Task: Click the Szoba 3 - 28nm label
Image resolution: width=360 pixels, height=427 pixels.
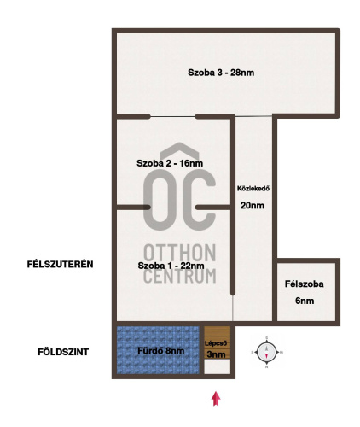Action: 221,73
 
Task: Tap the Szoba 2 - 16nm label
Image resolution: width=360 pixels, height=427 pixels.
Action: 170,163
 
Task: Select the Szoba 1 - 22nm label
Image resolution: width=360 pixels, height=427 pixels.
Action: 171,266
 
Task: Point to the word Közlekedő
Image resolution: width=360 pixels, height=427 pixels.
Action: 253,189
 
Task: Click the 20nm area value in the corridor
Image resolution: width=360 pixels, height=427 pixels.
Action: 253,205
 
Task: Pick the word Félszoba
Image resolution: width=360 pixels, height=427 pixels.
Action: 305,284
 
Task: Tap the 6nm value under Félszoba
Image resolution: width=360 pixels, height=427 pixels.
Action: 305,301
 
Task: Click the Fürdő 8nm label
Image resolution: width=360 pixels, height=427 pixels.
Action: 161,351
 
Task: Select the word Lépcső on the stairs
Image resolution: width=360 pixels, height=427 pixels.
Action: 216,343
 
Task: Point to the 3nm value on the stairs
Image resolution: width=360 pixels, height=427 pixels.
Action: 217,354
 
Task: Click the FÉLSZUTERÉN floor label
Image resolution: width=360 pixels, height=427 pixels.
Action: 61,264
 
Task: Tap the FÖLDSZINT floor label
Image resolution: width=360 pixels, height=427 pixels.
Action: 63,352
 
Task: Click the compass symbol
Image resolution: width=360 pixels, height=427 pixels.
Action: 267,352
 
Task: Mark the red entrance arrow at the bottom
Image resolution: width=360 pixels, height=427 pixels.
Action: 216,398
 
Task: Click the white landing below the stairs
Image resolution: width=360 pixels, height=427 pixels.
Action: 218,366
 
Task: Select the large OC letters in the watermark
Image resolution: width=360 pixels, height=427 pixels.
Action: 179,200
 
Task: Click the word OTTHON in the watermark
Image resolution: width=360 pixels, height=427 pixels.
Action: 180,253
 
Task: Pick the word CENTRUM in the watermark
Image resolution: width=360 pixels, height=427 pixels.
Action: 180,276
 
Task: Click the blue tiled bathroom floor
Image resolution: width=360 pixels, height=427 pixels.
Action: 158,350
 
